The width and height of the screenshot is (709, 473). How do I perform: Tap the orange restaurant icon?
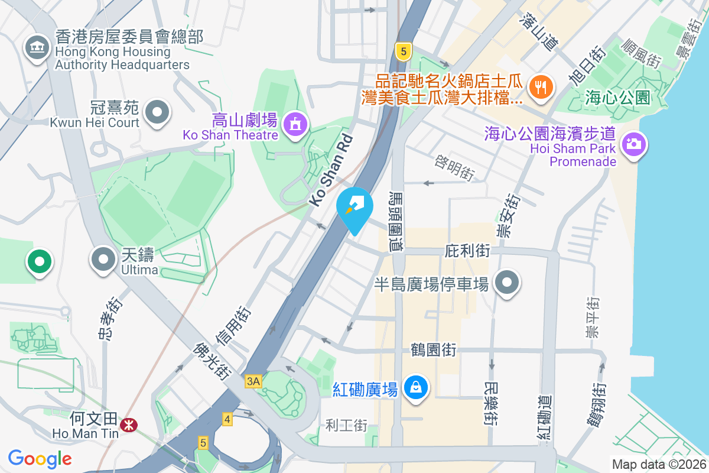(x=540, y=88)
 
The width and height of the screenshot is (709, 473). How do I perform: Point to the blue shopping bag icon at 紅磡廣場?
(x=417, y=388)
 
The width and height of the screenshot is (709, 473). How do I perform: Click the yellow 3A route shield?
(x=253, y=382)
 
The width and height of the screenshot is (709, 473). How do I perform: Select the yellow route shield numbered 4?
(x=227, y=419)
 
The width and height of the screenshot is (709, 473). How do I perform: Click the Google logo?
(x=40, y=458)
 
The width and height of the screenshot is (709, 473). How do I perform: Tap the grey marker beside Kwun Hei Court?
(x=157, y=112)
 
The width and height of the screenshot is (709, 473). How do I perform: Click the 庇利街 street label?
(x=467, y=251)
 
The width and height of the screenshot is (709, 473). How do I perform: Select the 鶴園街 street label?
(x=434, y=350)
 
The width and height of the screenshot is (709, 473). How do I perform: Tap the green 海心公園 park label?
(x=617, y=98)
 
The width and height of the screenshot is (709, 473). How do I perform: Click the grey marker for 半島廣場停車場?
(x=506, y=283)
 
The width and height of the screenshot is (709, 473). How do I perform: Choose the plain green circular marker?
(x=39, y=261)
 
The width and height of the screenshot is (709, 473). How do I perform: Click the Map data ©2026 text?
(x=658, y=465)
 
